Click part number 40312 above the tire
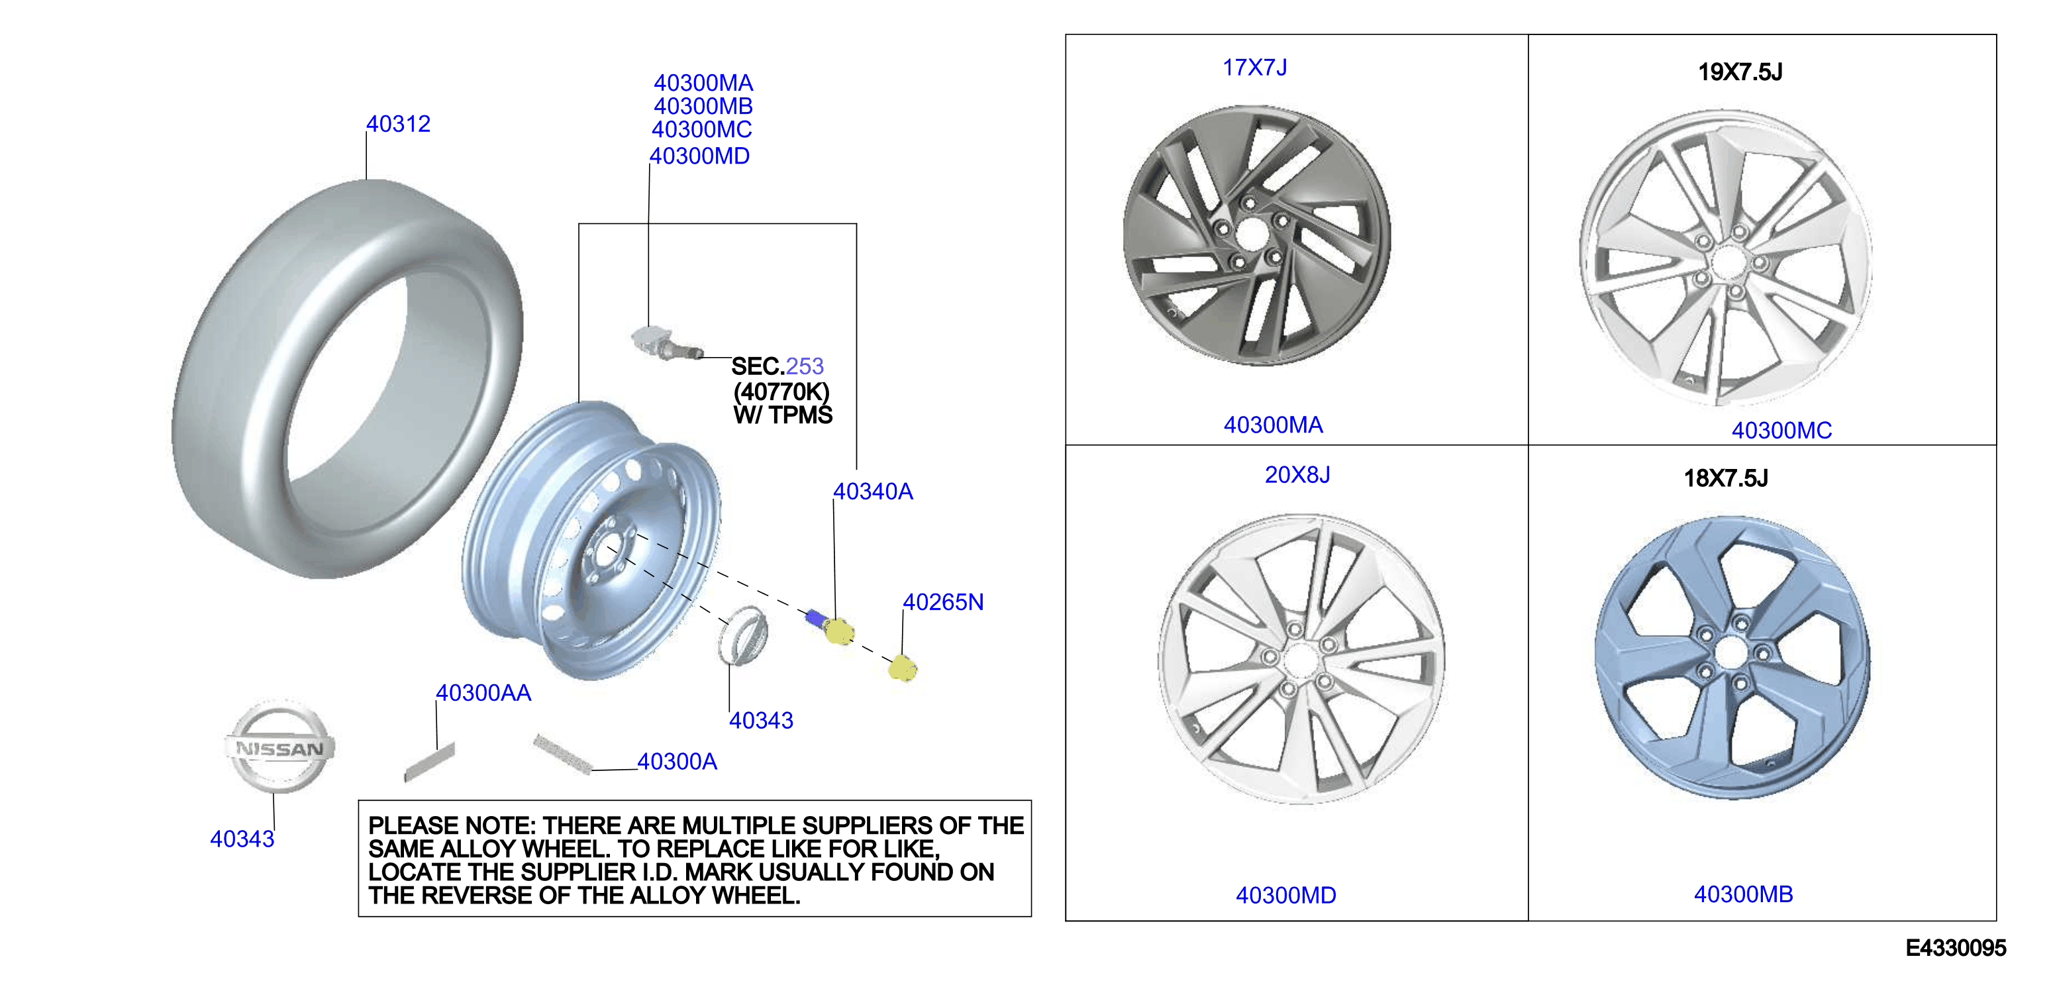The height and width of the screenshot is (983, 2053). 398,124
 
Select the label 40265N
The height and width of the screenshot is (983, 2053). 943,602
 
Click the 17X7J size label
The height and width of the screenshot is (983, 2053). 1254,68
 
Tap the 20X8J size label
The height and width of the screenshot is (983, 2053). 1297,475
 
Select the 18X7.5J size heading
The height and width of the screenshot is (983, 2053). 1725,478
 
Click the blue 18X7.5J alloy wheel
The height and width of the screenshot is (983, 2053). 1732,657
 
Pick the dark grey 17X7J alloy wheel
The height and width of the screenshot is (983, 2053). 1256,236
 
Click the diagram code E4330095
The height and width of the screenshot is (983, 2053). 1955,948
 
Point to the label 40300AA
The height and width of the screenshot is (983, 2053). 483,693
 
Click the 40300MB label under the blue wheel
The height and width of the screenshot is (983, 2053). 1743,894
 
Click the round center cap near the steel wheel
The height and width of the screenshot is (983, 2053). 743,635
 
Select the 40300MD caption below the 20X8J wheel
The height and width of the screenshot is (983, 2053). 1285,896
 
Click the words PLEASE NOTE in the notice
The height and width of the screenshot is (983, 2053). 451,825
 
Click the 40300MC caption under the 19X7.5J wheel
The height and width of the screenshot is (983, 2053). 1781,431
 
